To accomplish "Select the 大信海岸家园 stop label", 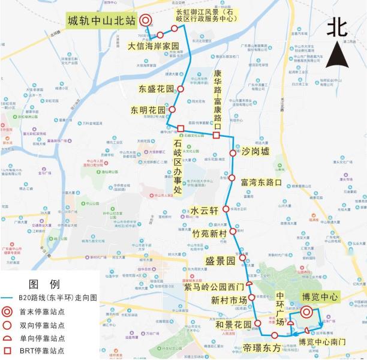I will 154,46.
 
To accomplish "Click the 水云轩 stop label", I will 203,211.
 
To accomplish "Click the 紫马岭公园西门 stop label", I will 214,287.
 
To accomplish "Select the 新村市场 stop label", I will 229,300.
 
